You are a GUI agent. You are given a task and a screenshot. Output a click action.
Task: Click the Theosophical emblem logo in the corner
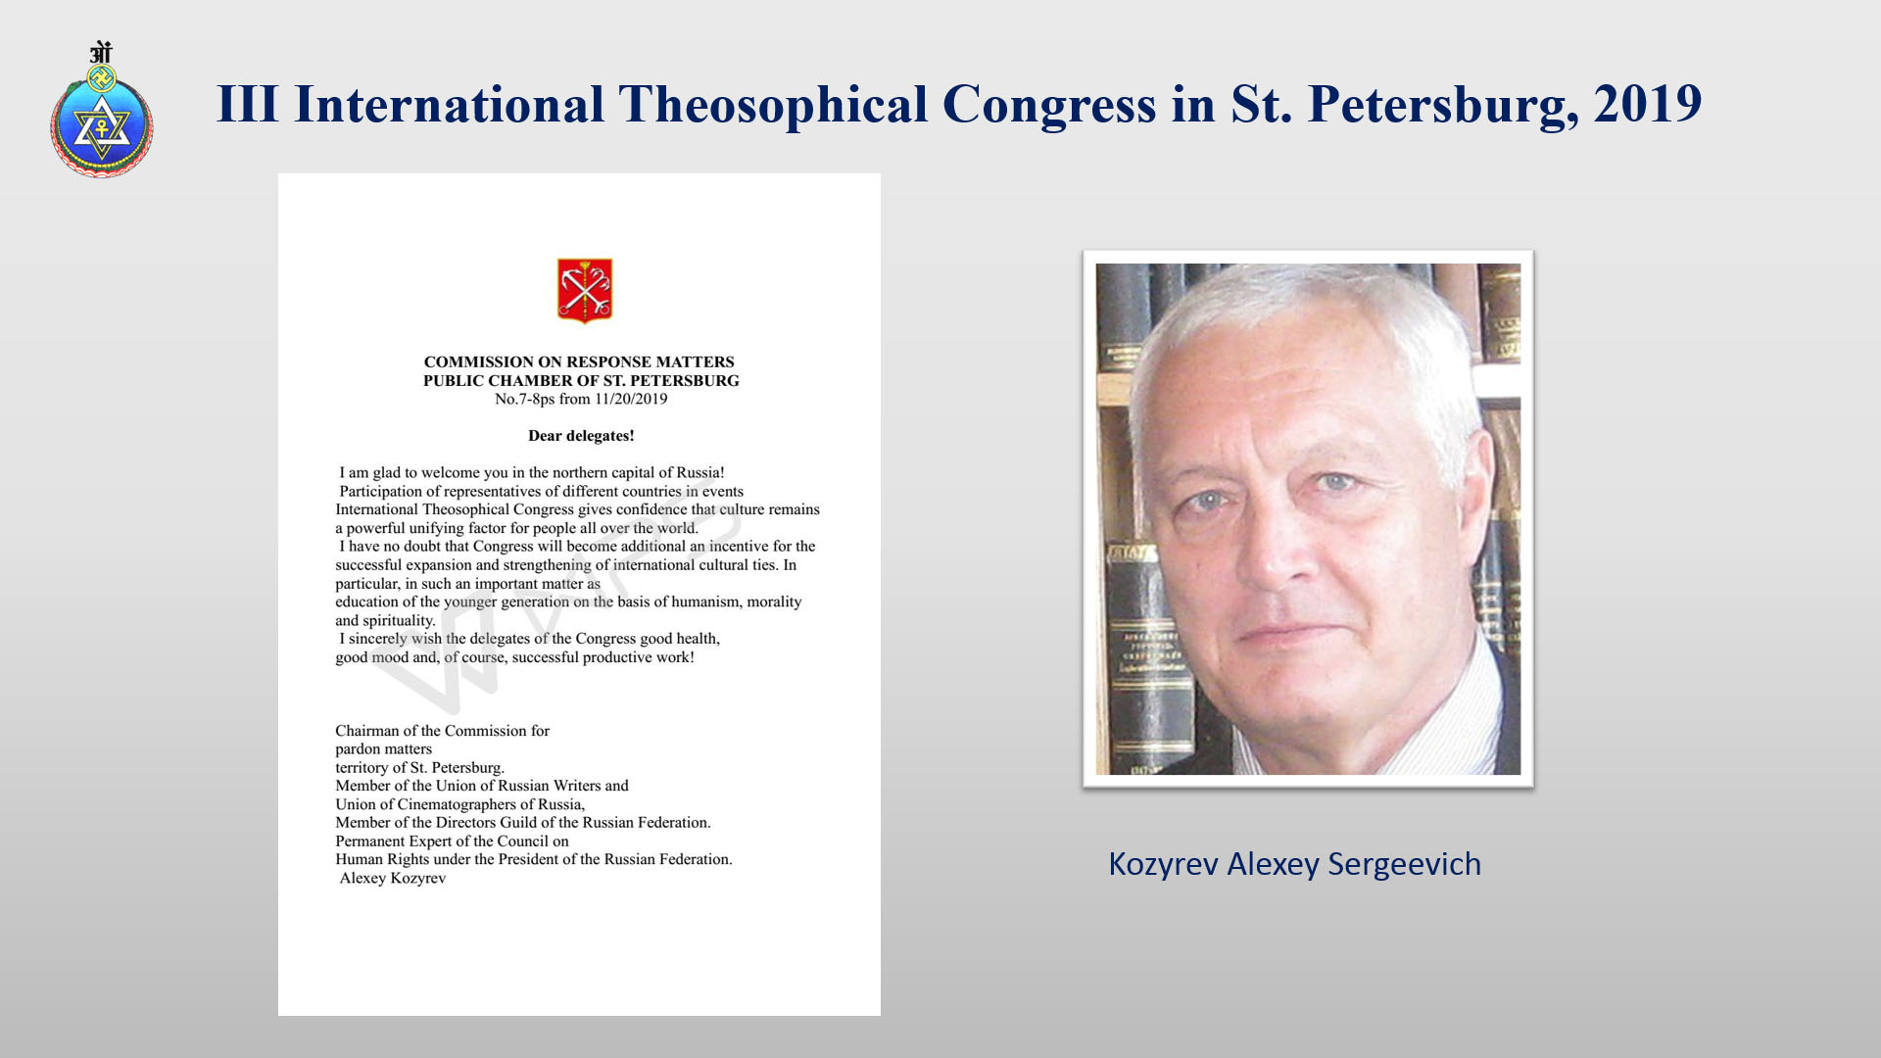click(102, 109)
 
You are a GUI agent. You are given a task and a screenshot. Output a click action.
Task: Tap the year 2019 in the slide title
click(1648, 104)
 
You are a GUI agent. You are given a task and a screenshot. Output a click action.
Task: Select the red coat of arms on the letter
click(585, 290)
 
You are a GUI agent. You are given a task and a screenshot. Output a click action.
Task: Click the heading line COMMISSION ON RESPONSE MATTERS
click(579, 361)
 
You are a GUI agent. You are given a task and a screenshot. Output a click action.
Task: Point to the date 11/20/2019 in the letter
click(631, 399)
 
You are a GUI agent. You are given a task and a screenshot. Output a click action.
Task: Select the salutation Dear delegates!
click(581, 436)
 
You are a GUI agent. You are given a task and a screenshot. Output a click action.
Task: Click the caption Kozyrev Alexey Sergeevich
click(1294, 864)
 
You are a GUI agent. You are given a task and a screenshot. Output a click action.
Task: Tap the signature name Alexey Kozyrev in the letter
click(393, 878)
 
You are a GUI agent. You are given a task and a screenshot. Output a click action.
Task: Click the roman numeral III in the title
click(248, 104)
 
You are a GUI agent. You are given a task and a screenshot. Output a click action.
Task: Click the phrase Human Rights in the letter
click(382, 859)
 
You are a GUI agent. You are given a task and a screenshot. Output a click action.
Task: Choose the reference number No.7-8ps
click(525, 399)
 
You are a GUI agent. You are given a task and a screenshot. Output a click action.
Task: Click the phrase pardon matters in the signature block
click(383, 749)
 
